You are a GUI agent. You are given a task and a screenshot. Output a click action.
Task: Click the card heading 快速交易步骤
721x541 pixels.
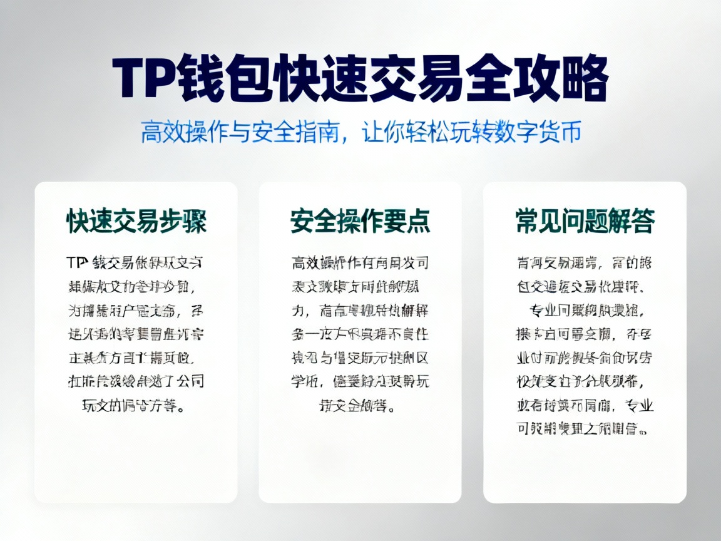coord(136,222)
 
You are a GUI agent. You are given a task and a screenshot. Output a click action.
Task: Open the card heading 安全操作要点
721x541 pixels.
coord(360,222)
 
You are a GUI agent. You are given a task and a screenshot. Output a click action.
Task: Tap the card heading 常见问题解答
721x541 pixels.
coord(585,222)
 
